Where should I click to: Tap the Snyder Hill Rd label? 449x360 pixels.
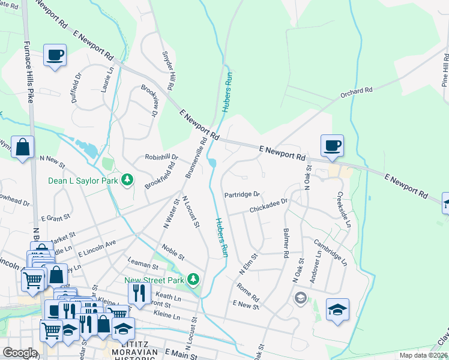[167, 71]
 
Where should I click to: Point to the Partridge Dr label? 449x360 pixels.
[242, 194]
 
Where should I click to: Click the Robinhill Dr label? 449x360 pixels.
[161, 157]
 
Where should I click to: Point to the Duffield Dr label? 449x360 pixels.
[76, 89]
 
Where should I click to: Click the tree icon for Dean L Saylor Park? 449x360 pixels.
[127, 179]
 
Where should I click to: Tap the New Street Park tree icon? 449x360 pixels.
[193, 279]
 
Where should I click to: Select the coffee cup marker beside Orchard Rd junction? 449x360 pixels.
[332, 145]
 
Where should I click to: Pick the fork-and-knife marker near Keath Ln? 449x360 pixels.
[138, 293]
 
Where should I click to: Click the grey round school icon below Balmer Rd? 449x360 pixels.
[300, 298]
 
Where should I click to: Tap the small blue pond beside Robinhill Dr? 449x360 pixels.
[212, 163]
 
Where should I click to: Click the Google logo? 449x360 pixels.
[20, 353]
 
